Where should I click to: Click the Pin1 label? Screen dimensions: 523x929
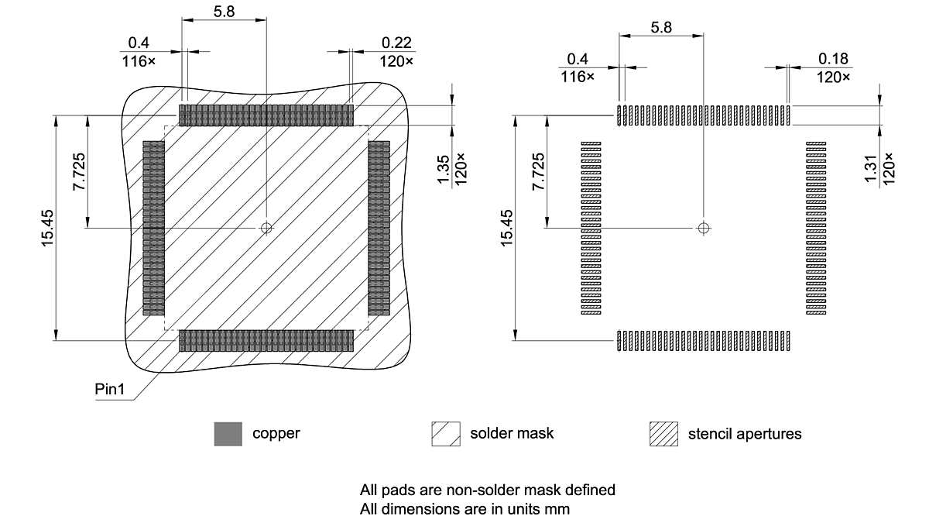pyautogui.click(x=109, y=389)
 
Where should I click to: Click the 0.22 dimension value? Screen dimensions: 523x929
pyautogui.click(x=396, y=43)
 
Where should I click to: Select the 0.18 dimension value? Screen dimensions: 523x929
pyautogui.click(x=834, y=59)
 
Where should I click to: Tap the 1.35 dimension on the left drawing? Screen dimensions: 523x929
pyautogui.click(x=444, y=170)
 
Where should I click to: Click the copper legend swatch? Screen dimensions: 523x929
pyautogui.click(x=228, y=434)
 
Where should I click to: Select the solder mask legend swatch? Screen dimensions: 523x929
pyautogui.click(x=445, y=434)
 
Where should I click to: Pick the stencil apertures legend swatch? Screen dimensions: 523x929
pyautogui.click(x=663, y=434)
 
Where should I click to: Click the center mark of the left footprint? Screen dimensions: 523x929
pyautogui.click(x=266, y=228)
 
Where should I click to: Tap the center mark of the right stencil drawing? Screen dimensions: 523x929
pyautogui.click(x=703, y=228)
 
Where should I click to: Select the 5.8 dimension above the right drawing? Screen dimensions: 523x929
pyautogui.click(x=661, y=28)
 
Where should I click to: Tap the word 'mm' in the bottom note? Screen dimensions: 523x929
pyautogui.click(x=558, y=509)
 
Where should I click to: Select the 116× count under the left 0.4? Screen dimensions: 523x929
pyautogui.click(x=139, y=60)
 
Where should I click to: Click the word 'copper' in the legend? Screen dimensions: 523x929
pyautogui.click(x=276, y=433)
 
